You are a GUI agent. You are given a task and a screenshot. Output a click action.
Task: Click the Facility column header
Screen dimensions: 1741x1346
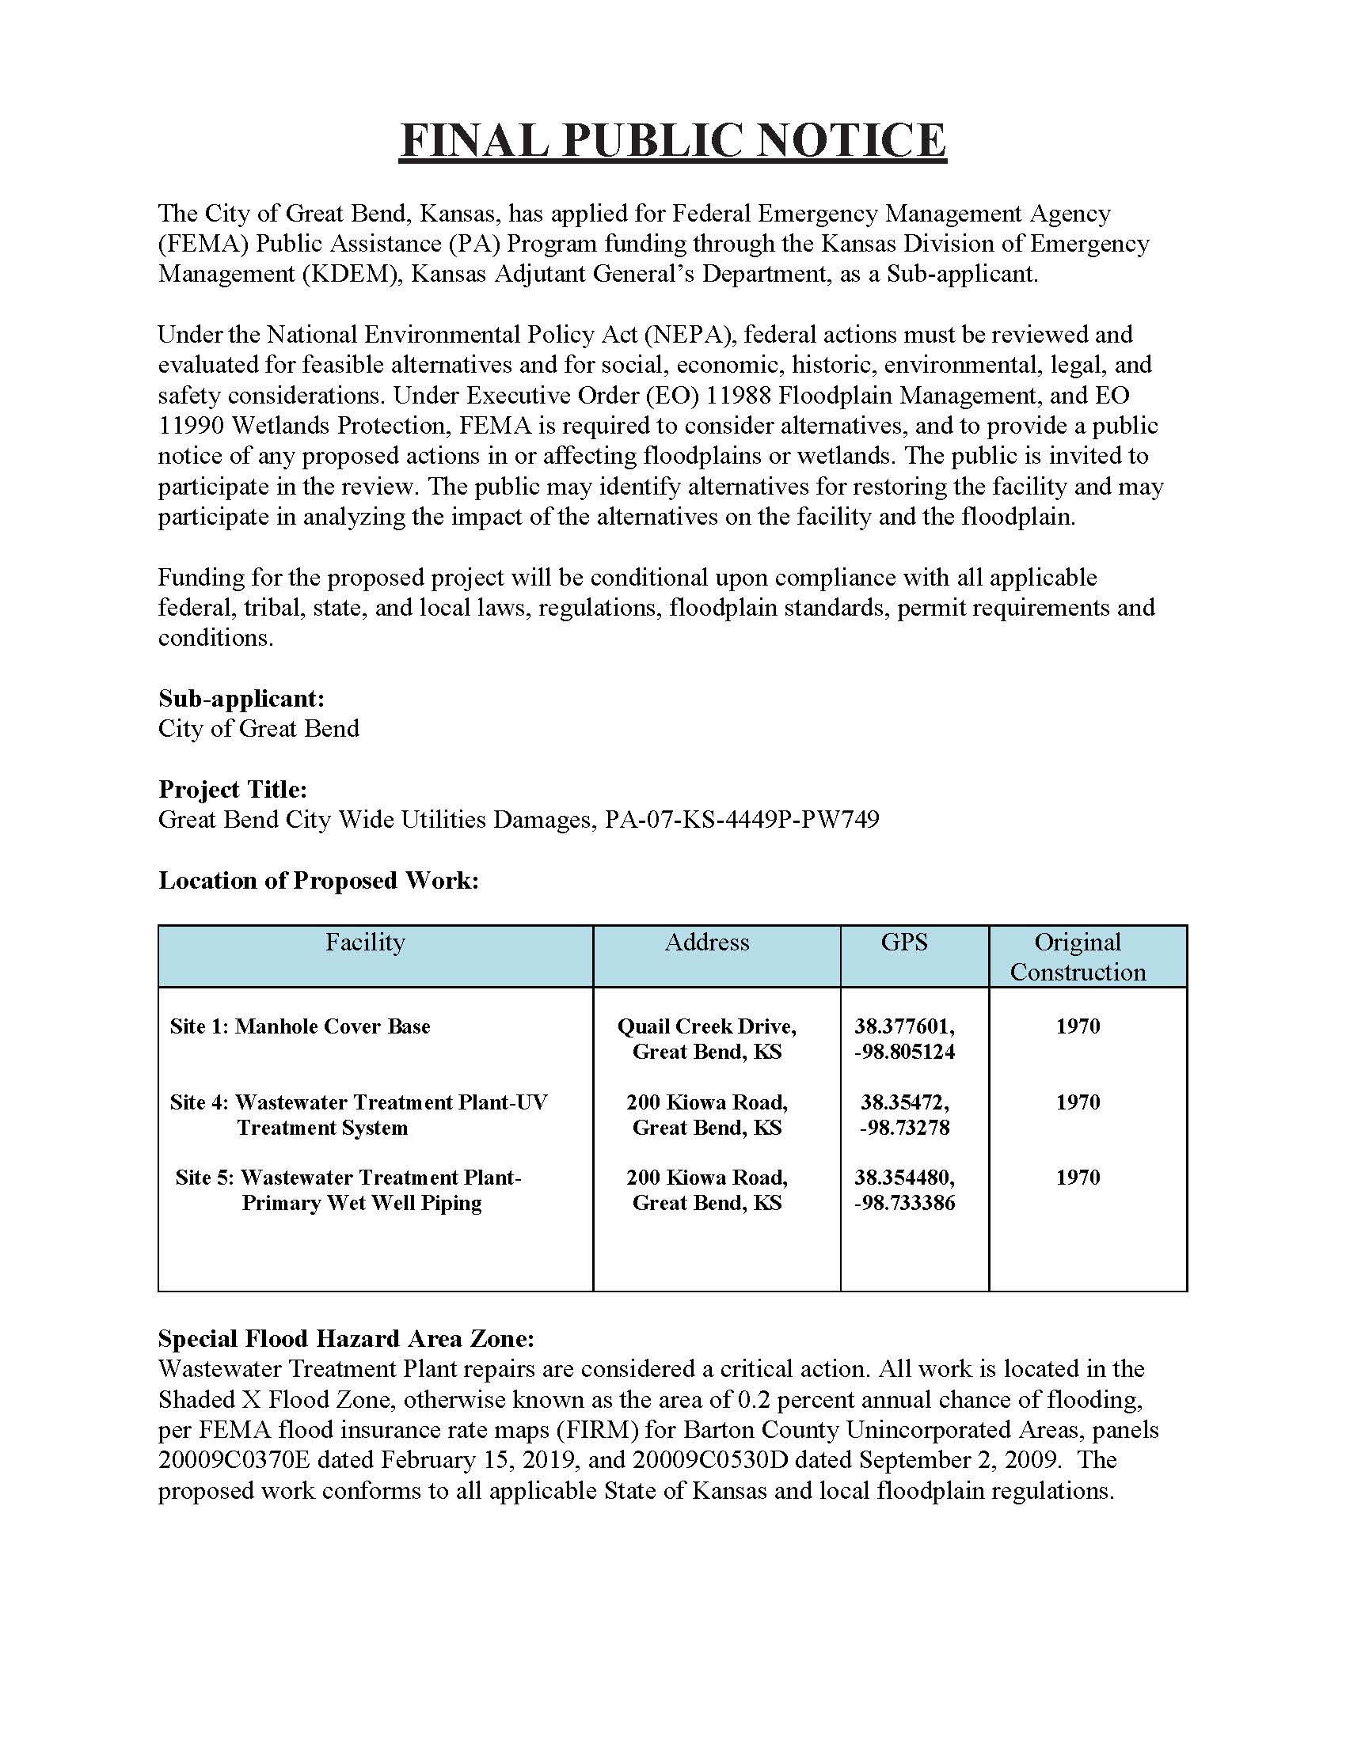[x=364, y=943]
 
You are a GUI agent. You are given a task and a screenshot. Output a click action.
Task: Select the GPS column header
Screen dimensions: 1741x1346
[x=903, y=943]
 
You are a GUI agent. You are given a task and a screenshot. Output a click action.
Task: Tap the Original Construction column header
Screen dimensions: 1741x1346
[x=1078, y=957]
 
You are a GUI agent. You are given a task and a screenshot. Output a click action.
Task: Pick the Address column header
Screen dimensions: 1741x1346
[x=706, y=943]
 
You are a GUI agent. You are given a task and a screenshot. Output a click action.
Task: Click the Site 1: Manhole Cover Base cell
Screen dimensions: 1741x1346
[x=300, y=1026]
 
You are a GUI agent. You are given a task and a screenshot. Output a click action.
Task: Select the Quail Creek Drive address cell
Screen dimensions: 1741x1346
[x=706, y=1039]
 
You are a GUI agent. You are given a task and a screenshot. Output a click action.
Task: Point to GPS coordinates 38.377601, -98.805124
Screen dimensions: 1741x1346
[x=904, y=1039]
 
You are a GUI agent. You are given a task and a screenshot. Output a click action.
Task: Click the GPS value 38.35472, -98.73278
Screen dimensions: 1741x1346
[x=904, y=1114]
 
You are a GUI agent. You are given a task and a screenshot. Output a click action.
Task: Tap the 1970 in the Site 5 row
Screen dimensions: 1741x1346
[x=1078, y=1178]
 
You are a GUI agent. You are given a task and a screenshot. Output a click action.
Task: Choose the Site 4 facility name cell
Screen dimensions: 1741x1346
[x=358, y=1114]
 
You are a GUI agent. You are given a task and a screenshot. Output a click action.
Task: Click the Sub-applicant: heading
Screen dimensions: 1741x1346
[x=241, y=698]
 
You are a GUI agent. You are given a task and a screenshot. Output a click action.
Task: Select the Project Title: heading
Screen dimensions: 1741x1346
[x=233, y=789]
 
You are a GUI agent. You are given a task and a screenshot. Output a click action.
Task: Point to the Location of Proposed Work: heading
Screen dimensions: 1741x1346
[x=318, y=880]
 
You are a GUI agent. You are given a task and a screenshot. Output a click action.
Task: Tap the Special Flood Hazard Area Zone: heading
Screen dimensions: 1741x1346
[x=346, y=1338]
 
